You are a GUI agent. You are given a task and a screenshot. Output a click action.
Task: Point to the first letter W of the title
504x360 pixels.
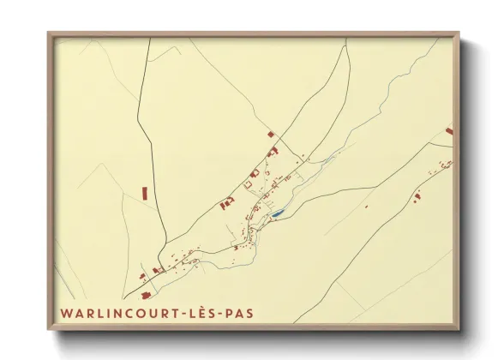click(x=65, y=314)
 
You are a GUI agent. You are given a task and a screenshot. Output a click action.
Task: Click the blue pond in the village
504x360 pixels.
click(x=277, y=214)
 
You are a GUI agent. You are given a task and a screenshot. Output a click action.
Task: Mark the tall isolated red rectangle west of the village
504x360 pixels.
click(x=145, y=193)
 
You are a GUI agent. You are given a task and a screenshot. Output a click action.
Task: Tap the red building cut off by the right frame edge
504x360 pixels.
click(x=448, y=131)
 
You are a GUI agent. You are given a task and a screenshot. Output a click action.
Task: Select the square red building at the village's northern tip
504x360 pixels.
click(x=271, y=134)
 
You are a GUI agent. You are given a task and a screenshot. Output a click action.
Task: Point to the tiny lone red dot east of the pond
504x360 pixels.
click(x=366, y=207)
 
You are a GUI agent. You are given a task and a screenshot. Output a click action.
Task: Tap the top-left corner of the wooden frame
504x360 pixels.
click(x=49, y=34)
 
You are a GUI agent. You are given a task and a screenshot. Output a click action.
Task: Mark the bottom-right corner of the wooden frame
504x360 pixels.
click(x=458, y=328)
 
